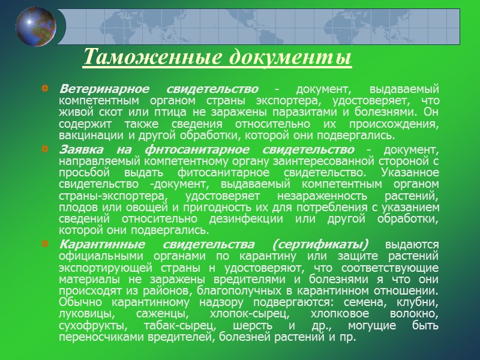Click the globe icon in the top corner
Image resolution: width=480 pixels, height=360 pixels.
click(x=35, y=28)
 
